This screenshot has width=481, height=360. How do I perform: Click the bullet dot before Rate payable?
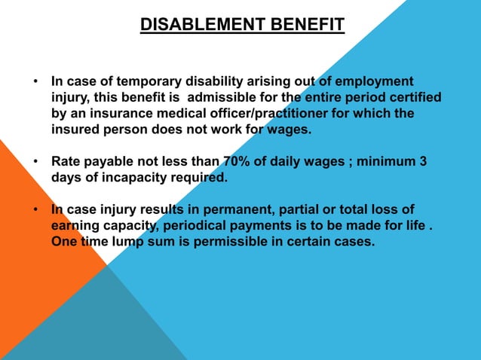[x=36, y=162]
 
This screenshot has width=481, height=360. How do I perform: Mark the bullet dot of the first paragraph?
[x=36, y=81]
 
